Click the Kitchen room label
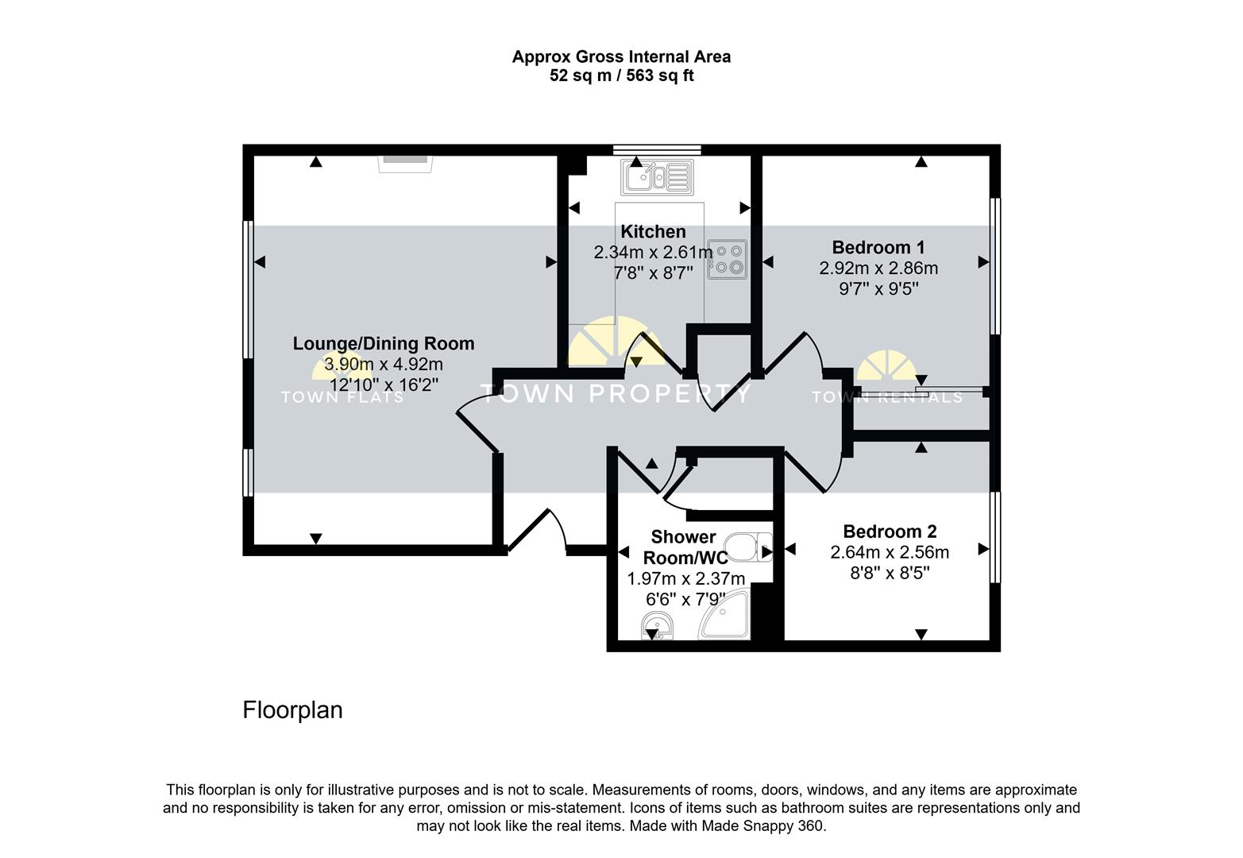pyautogui.click(x=653, y=231)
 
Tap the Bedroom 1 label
pyautogui.click(x=878, y=247)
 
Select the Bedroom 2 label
pyautogui.click(x=890, y=531)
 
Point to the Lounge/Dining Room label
pyautogui.click(x=384, y=343)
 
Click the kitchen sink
pyautogui.click(x=657, y=177)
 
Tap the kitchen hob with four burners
pyautogui.click(x=727, y=259)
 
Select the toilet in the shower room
pyautogui.click(x=748, y=547)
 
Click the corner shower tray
pyautogui.click(x=724, y=614)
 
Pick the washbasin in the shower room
pyautogui.click(x=657, y=625)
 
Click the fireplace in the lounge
pyautogui.click(x=406, y=164)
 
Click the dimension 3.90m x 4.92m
pyautogui.click(x=384, y=365)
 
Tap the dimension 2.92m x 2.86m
pyautogui.click(x=878, y=268)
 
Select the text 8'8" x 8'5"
pyautogui.click(x=890, y=573)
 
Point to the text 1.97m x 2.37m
pyautogui.click(x=686, y=579)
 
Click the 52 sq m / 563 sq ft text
pyautogui.click(x=621, y=75)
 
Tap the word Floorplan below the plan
pyautogui.click(x=292, y=710)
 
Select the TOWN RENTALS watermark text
pyautogui.click(x=886, y=396)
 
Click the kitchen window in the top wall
pyautogui.click(x=657, y=150)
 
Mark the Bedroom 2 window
pyautogui.click(x=995, y=537)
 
